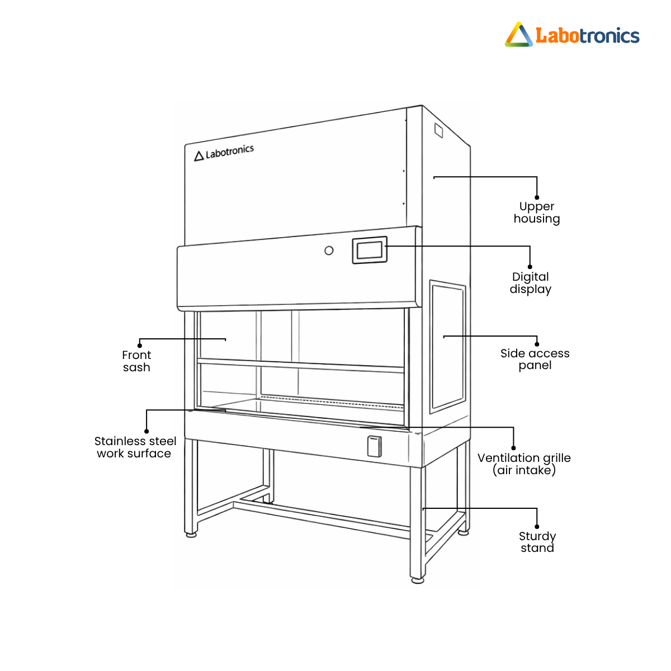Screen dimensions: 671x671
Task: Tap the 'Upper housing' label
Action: (537, 212)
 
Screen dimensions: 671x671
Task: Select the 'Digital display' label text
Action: (531, 283)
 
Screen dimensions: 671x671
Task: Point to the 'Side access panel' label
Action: (535, 359)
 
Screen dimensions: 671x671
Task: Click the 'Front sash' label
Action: (136, 361)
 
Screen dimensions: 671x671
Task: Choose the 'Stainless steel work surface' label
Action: (135, 447)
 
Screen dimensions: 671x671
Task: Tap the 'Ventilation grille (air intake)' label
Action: (524, 464)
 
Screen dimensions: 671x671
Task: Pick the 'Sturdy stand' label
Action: (537, 542)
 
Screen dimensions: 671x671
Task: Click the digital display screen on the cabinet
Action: (370, 249)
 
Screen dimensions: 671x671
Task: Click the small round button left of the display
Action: (329, 251)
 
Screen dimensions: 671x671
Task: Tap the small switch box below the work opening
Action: (374, 446)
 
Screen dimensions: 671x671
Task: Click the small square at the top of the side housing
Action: (439, 130)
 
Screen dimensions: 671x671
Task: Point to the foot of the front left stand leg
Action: (191, 535)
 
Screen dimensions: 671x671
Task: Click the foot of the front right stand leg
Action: (417, 580)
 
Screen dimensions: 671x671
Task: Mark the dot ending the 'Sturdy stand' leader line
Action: (537, 526)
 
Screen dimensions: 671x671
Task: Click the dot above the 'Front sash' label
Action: (140, 345)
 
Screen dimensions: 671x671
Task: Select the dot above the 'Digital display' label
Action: (530, 267)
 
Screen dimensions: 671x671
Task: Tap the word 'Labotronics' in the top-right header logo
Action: (587, 36)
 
